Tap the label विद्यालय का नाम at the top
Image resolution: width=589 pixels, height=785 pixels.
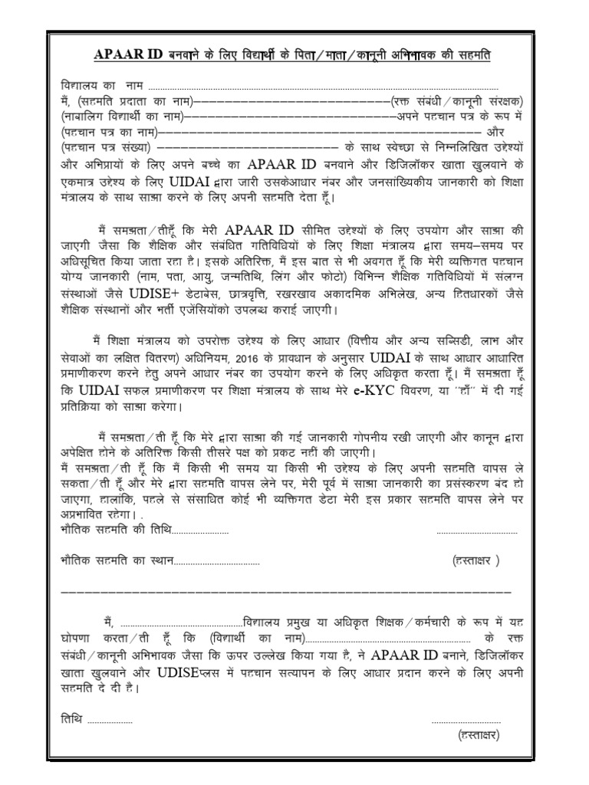coord(101,85)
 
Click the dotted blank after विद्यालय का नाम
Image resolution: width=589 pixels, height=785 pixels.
coord(322,87)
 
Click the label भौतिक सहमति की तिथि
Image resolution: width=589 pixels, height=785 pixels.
coord(116,530)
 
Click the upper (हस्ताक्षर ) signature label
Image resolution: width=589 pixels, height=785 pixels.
coord(475,560)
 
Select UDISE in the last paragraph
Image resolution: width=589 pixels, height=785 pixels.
coord(185,672)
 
